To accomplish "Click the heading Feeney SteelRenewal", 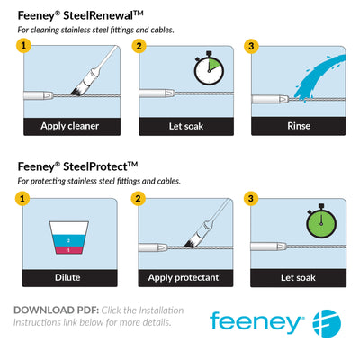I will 78,15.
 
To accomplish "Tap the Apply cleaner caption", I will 69,125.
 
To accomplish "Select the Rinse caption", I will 298,125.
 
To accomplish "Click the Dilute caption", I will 69,278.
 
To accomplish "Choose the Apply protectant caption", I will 184,278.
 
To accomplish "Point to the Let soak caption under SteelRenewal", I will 184,125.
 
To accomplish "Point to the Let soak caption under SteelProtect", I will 298,278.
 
